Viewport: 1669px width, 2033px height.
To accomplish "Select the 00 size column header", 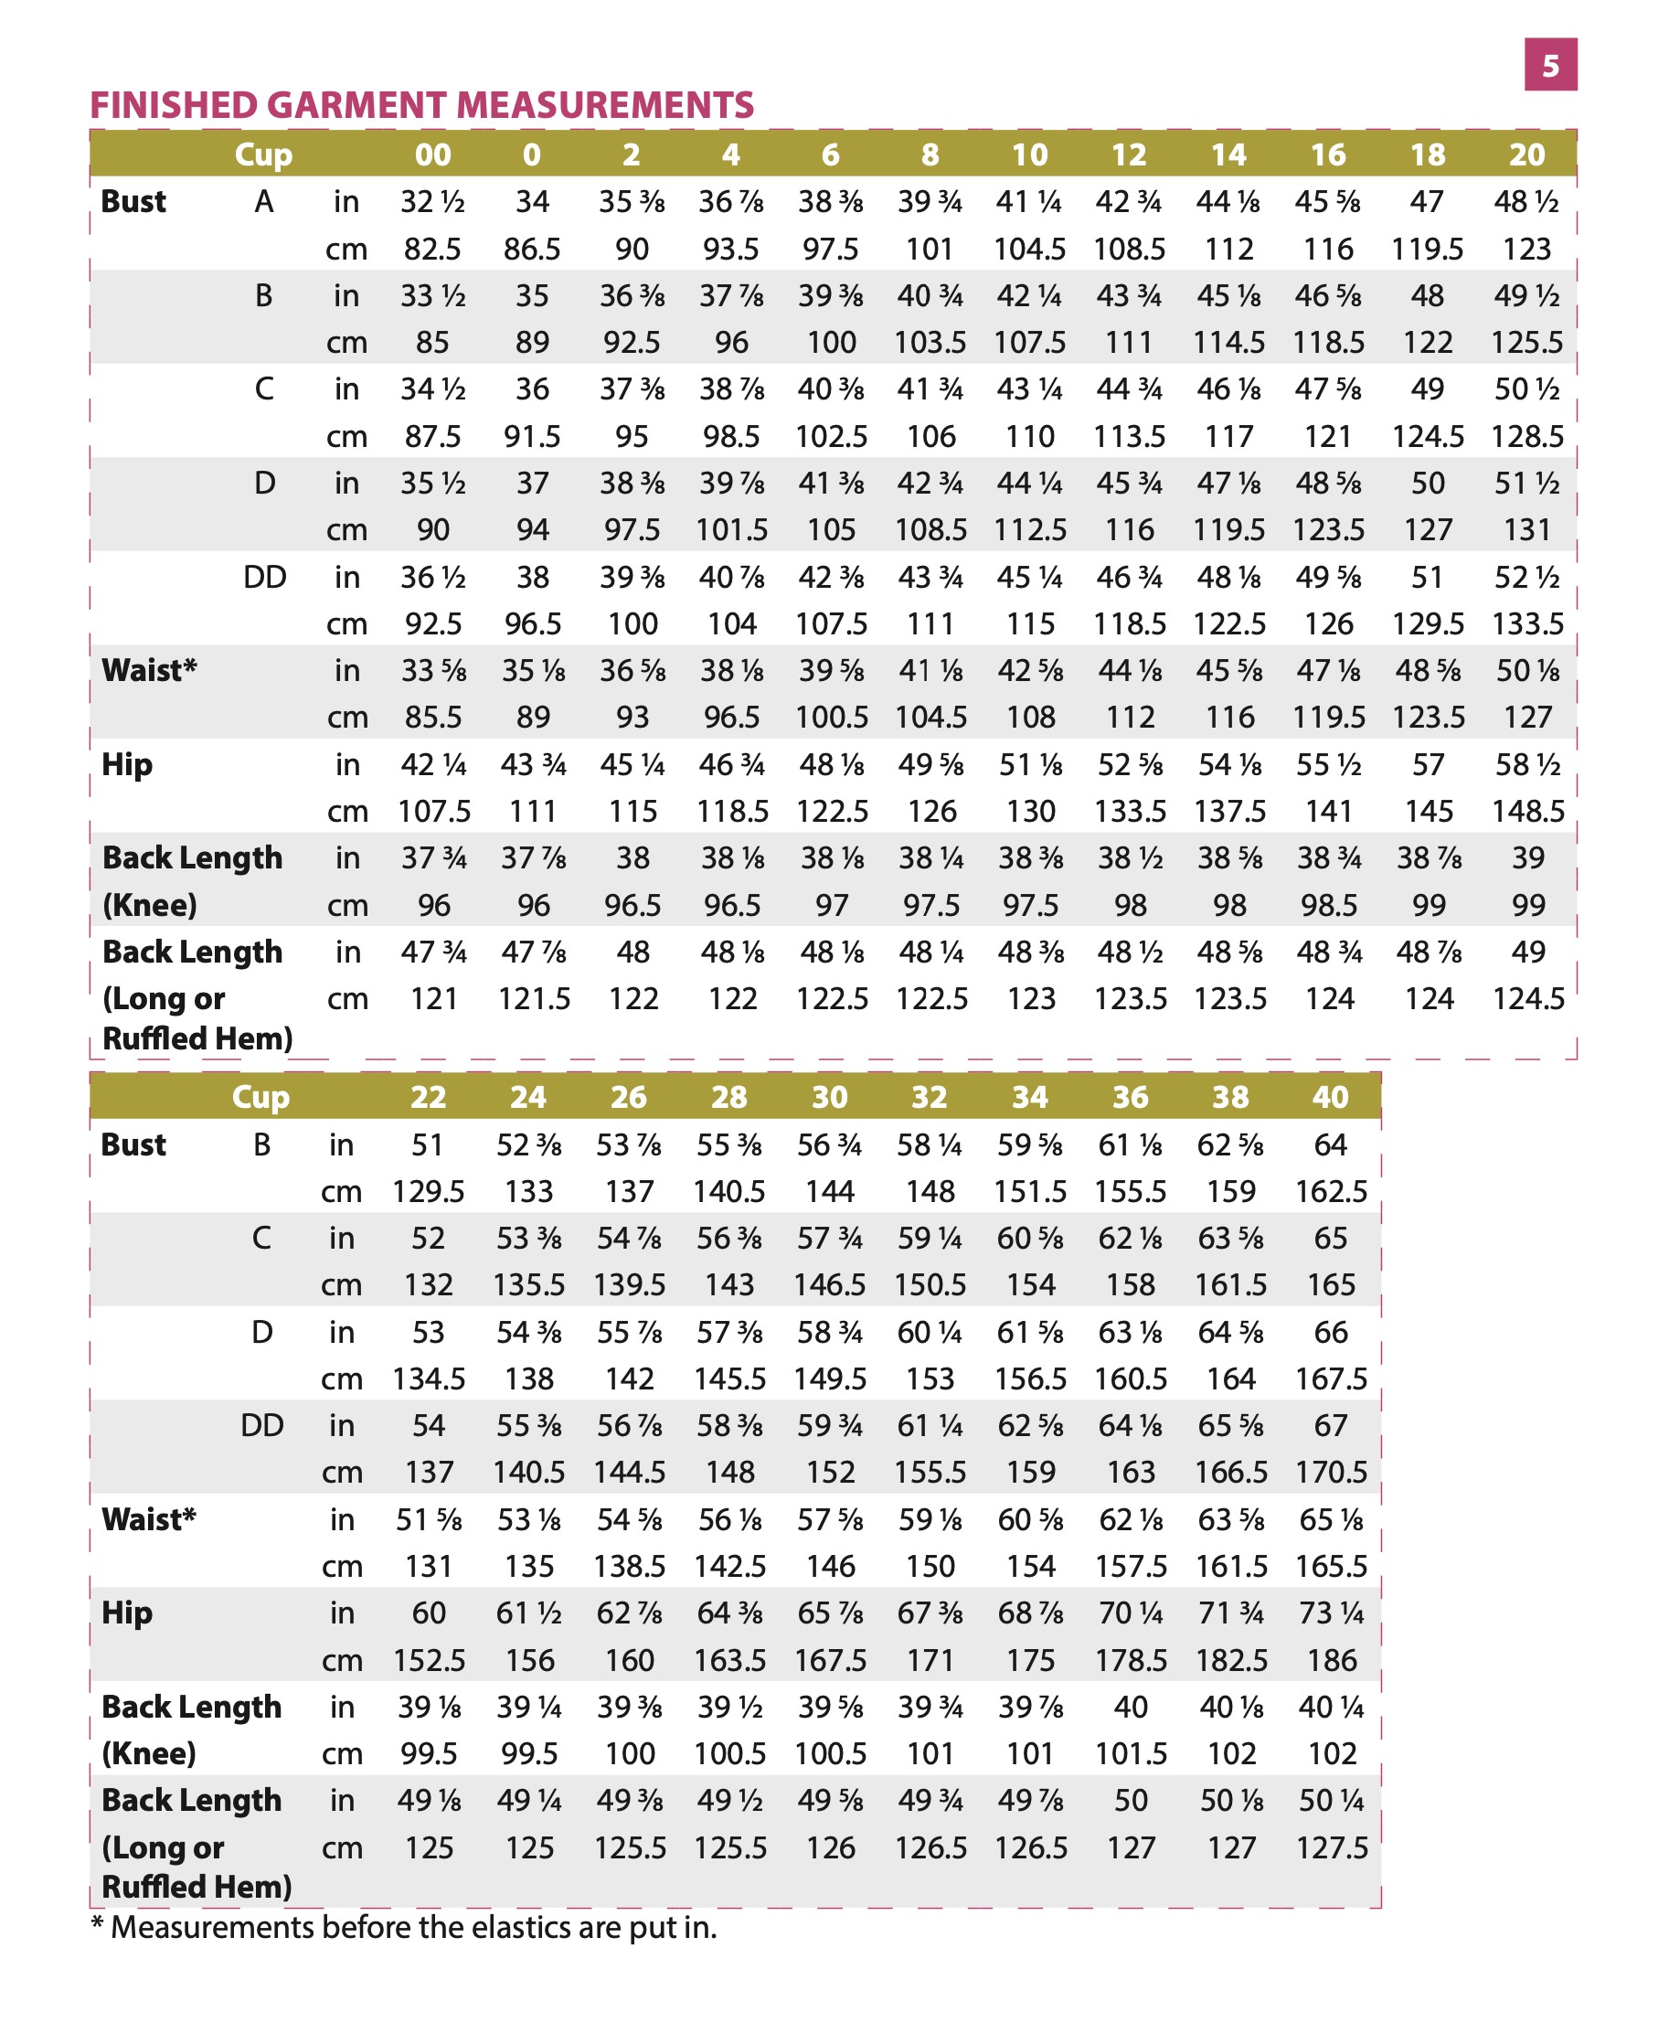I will click(x=432, y=154).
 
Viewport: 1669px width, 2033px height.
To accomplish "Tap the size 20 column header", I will click(x=1526, y=154).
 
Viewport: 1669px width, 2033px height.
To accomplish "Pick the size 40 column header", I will click(x=1331, y=1096).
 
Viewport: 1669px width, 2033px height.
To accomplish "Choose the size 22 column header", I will click(x=429, y=1096).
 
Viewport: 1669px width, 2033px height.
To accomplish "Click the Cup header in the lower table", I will click(x=260, y=1096).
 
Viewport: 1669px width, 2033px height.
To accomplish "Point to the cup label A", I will click(x=263, y=202).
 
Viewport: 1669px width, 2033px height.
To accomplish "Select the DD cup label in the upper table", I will click(x=264, y=577).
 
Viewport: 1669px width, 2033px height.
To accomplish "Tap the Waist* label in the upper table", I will click(x=149, y=670).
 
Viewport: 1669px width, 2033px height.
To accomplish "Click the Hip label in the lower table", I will click(x=127, y=1613).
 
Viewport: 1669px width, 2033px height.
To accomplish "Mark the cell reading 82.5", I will click(x=432, y=249).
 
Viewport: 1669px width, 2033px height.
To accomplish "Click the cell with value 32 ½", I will click(x=432, y=202).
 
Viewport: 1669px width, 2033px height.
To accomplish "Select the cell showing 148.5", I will click(x=1527, y=811).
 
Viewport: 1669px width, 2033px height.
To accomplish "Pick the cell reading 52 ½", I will click(x=1526, y=577).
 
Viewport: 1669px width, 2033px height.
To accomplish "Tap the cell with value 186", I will click(x=1332, y=1660).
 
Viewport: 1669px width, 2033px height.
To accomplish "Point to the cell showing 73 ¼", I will click(x=1332, y=1613).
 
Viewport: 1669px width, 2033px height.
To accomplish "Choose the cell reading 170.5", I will click(x=1332, y=1473).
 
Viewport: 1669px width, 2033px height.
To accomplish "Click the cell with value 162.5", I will click(x=1332, y=1191).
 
